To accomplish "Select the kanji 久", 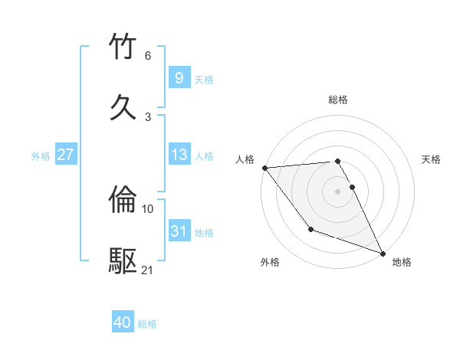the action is pos(124,107).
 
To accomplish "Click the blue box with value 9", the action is pos(179,77).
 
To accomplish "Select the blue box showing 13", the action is pos(179,155).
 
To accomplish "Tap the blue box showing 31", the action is pos(179,231).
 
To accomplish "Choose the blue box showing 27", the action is pos(65,155).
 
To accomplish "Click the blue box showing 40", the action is pos(123,323).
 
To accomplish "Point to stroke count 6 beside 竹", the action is pos(148,56).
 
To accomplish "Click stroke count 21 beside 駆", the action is pos(148,270).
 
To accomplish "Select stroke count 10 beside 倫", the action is pos(148,208).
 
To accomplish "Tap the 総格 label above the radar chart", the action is pos(338,100).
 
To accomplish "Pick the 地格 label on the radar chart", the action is pos(402,262).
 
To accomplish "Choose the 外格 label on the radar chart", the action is pos(270,262).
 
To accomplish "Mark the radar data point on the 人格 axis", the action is pos(264,168).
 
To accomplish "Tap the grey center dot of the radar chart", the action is pos(338,191).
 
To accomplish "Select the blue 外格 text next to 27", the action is pos(41,155).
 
